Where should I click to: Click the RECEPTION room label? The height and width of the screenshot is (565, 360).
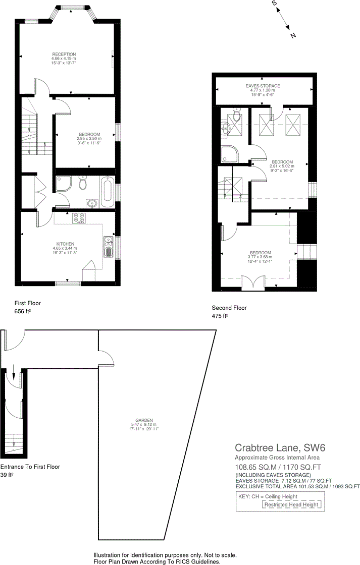pyautogui.click(x=64, y=54)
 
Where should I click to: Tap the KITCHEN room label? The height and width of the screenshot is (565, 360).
pyautogui.click(x=66, y=244)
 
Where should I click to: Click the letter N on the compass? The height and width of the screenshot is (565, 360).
pyautogui.click(x=293, y=35)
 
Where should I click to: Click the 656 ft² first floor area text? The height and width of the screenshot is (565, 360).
pyautogui.click(x=23, y=312)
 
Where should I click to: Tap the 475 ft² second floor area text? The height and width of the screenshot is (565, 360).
pyautogui.click(x=221, y=316)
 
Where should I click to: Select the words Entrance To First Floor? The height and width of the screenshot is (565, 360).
pyautogui.click(x=30, y=467)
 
